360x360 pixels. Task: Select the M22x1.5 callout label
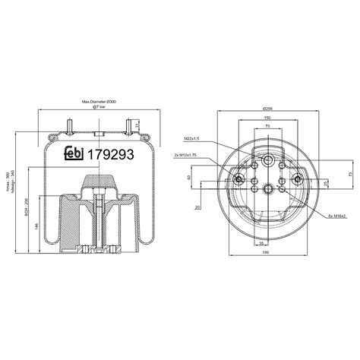click(x=192, y=139)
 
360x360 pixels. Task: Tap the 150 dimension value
click(x=266, y=118)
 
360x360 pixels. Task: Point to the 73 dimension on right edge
click(x=349, y=174)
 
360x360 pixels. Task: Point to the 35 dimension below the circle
click(x=261, y=245)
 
